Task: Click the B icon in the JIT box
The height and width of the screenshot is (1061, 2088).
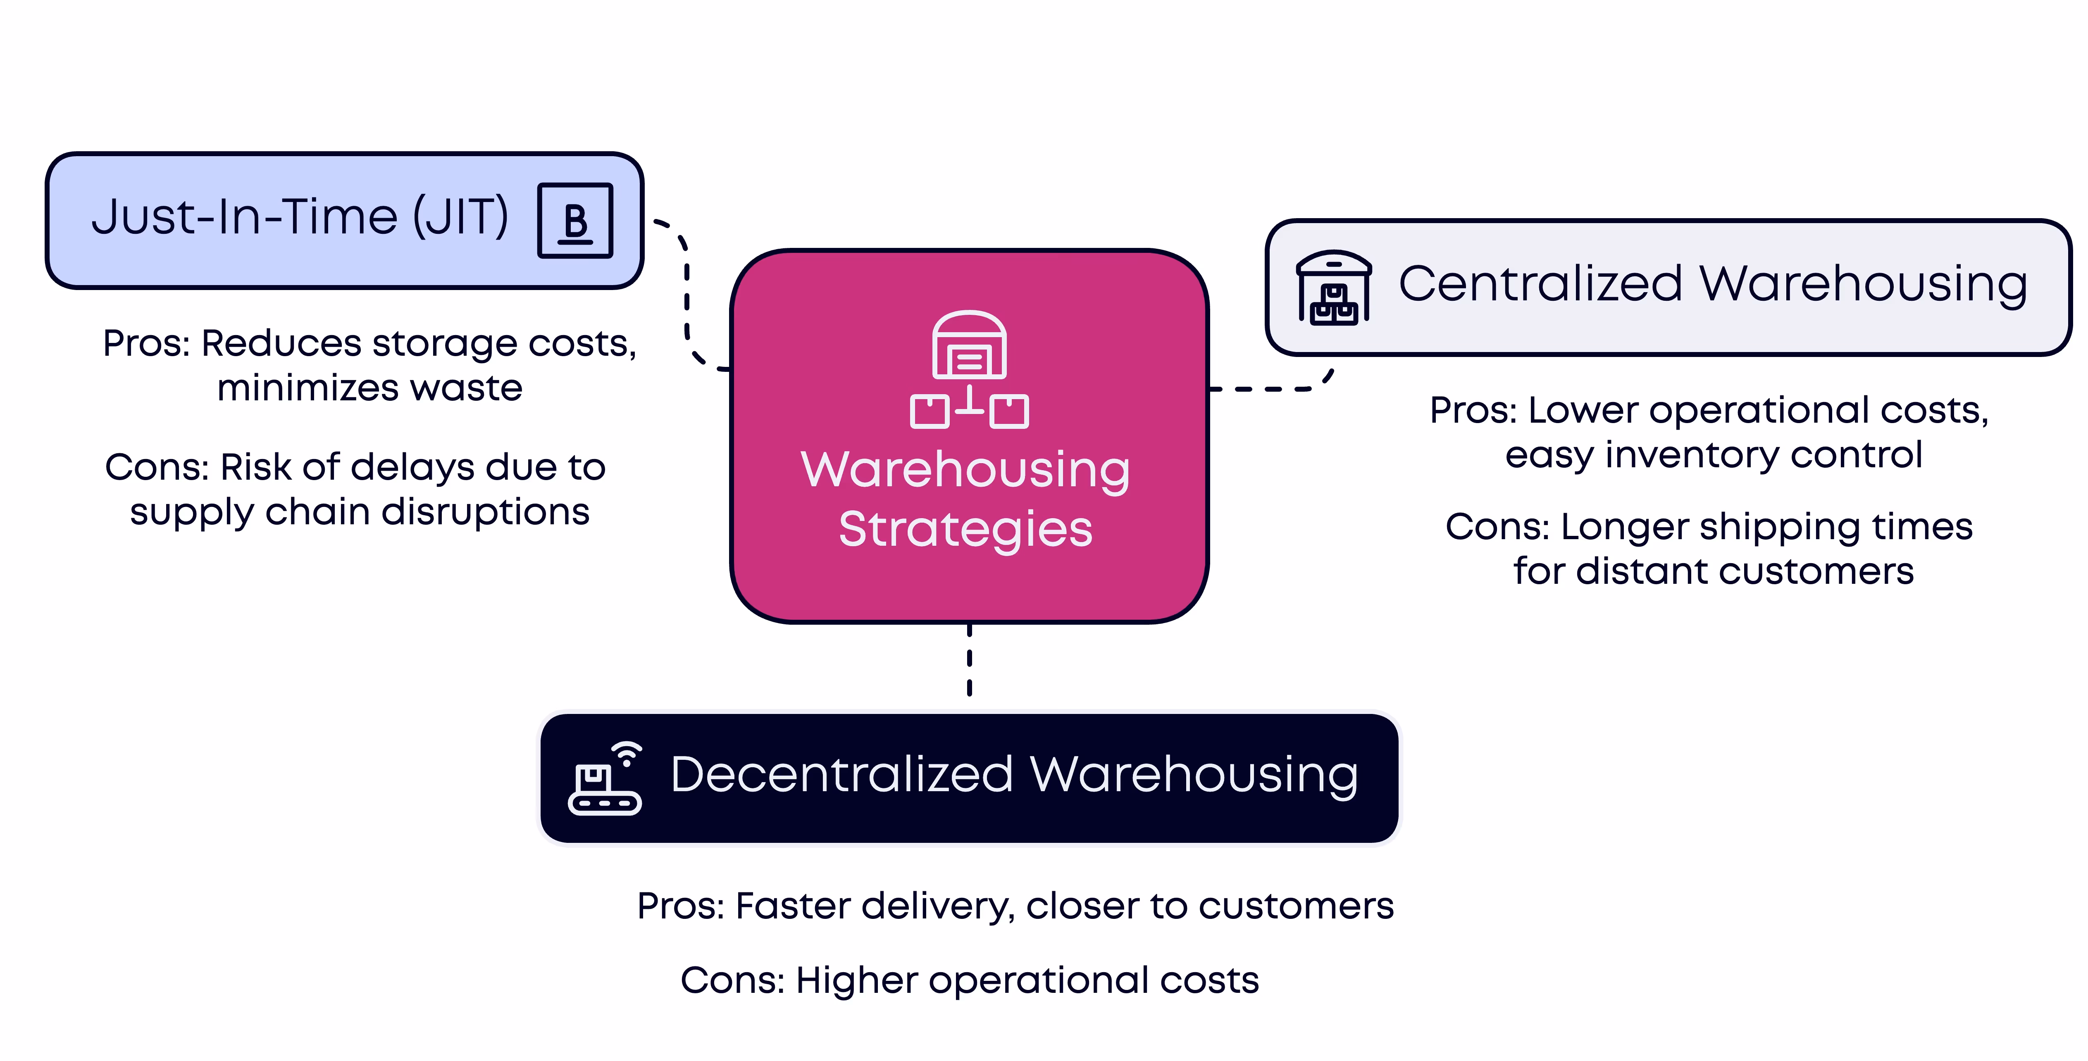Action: pyautogui.click(x=574, y=221)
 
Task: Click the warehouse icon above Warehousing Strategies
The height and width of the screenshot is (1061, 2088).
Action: pyautogui.click(x=969, y=369)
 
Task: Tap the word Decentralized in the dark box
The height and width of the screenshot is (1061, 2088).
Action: pyautogui.click(x=841, y=774)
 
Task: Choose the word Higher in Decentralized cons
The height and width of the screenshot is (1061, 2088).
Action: pyautogui.click(x=856, y=981)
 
